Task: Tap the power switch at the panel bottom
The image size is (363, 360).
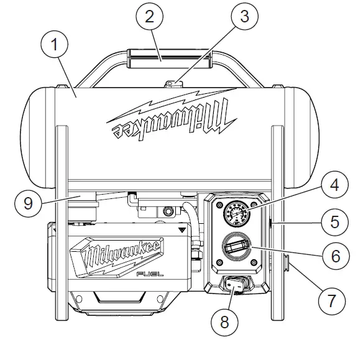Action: (x=236, y=285)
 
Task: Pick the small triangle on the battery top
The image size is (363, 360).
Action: (x=181, y=229)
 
